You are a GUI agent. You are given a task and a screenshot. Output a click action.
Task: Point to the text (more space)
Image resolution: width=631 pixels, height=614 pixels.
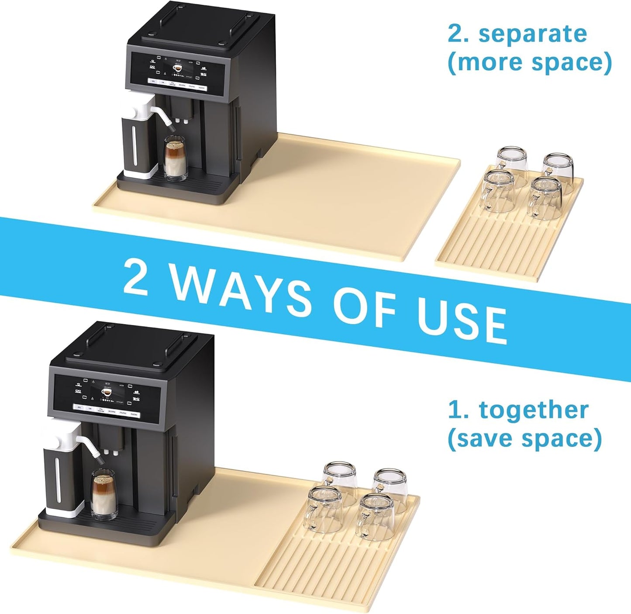pyautogui.click(x=530, y=62)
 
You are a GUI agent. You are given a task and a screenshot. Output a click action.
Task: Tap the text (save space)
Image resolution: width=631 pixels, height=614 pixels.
pyautogui.click(x=524, y=438)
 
